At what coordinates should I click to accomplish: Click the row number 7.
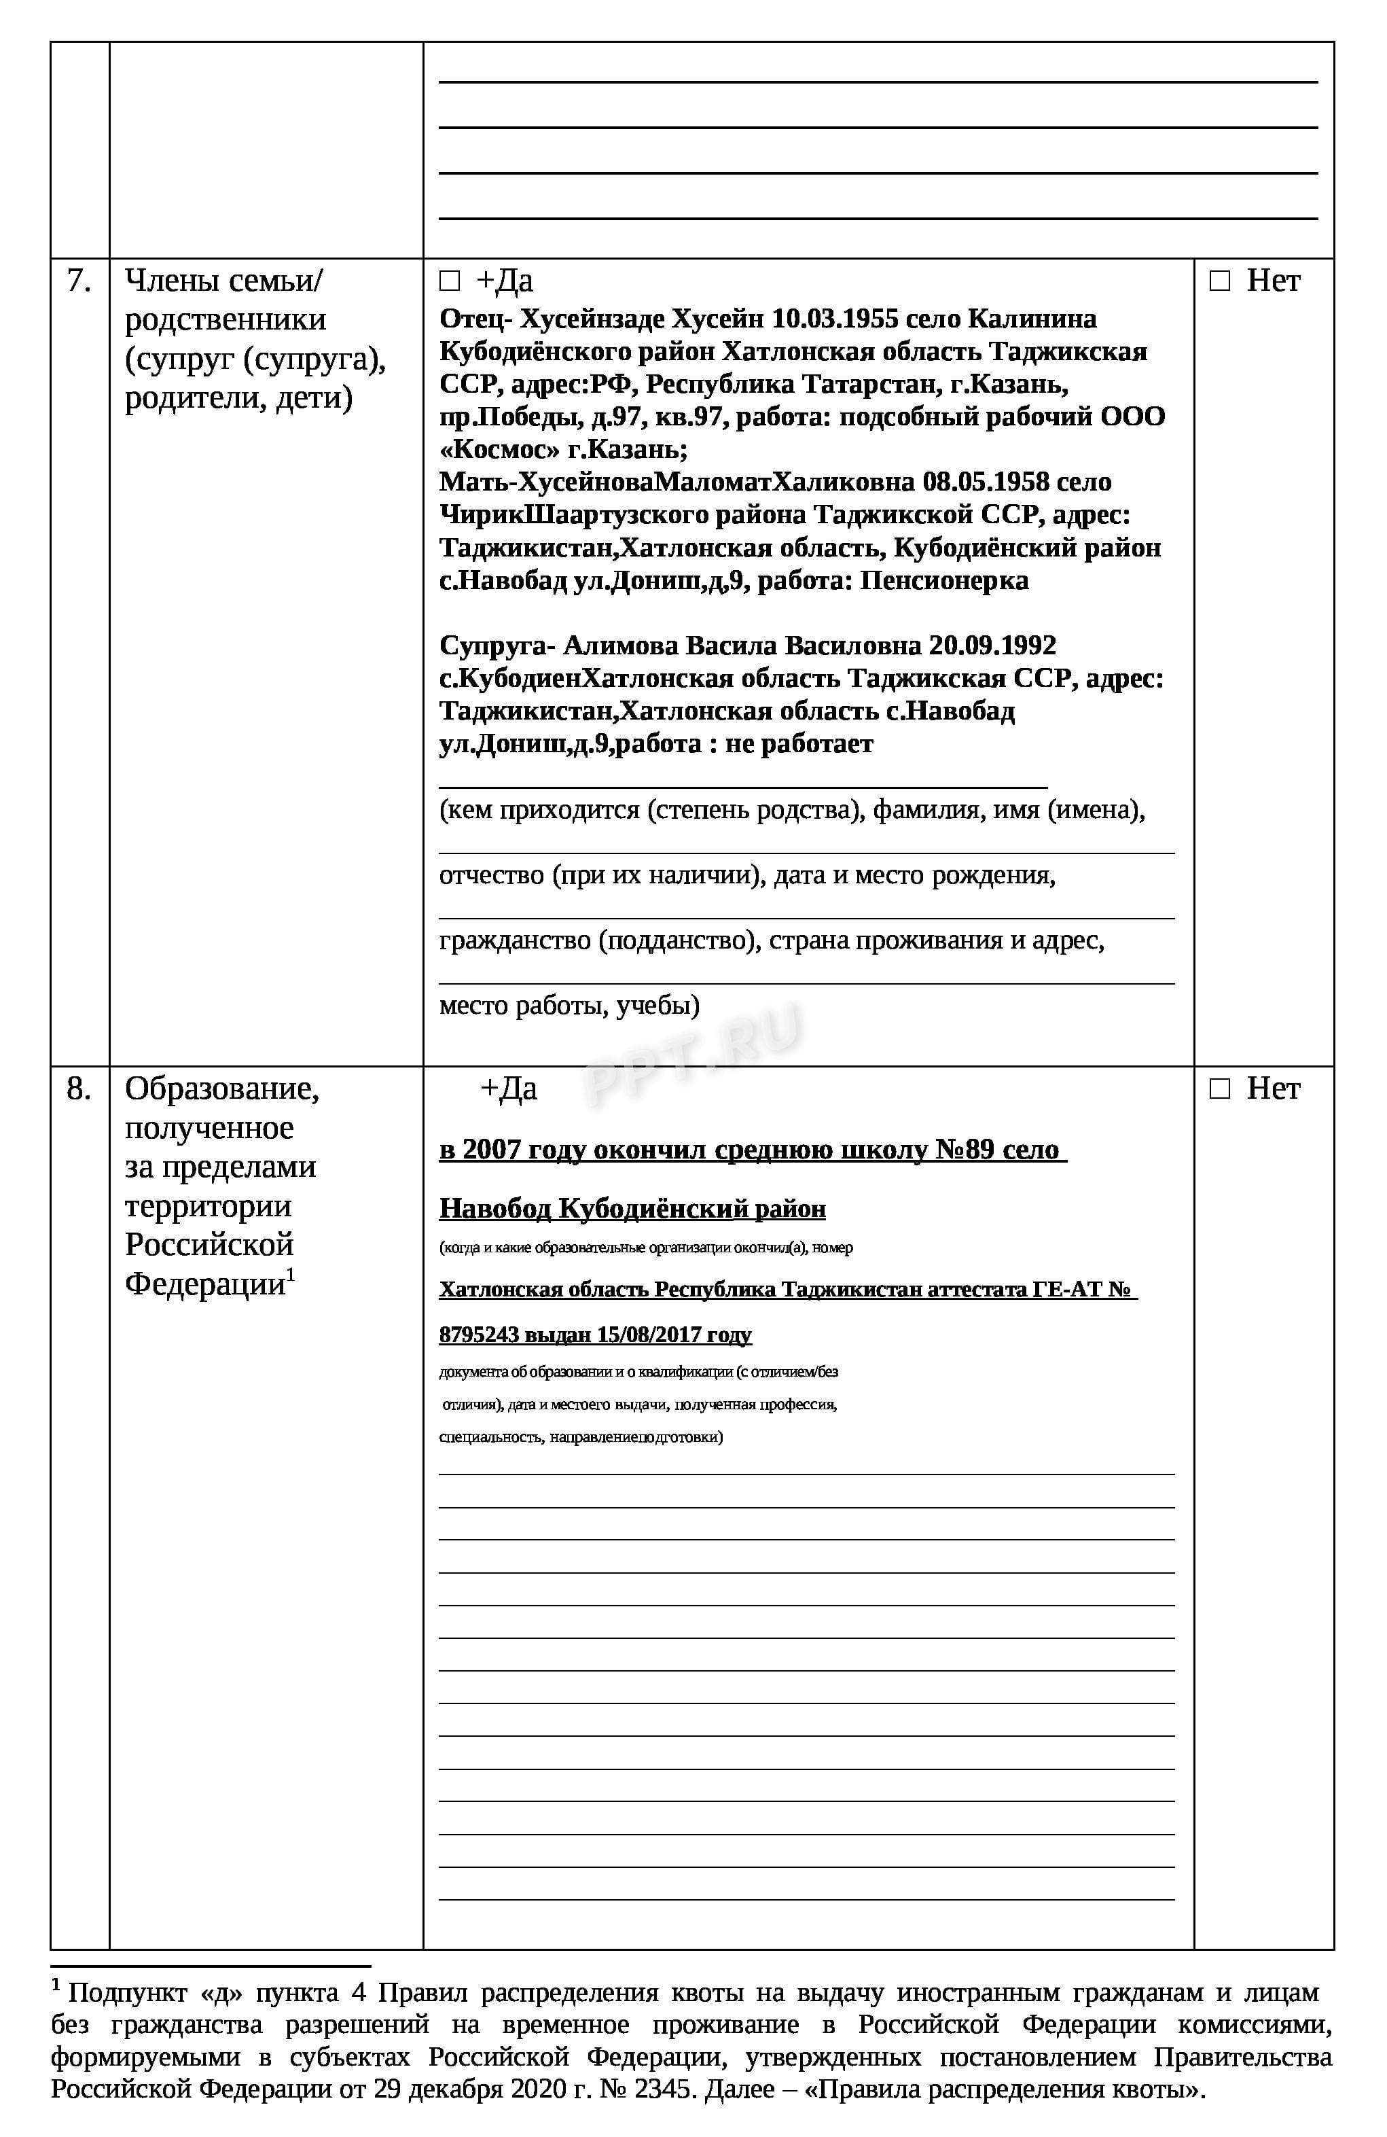tap(79, 281)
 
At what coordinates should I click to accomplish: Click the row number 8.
tap(79, 1089)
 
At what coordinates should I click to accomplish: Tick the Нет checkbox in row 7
tap(1219, 282)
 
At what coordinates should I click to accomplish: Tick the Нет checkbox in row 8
tap(1219, 1089)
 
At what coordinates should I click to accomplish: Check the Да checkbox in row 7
tap(449, 282)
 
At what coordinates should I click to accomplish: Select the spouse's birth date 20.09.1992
tap(992, 646)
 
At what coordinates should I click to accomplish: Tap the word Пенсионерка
tap(943, 580)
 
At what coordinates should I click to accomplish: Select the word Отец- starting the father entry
tap(475, 319)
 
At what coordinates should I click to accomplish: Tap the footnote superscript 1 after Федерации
tap(291, 1274)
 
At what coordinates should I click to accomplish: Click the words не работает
tap(798, 743)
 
